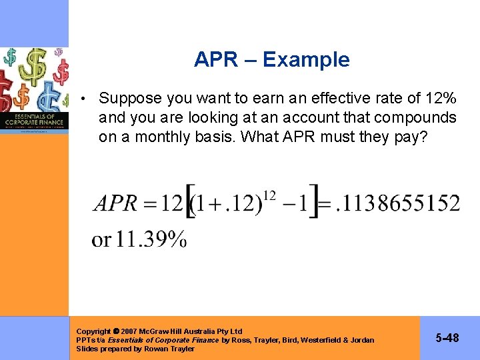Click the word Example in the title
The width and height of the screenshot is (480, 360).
(x=306, y=60)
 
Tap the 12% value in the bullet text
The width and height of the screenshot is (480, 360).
(x=441, y=99)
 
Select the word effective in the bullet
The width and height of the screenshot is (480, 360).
(x=331, y=99)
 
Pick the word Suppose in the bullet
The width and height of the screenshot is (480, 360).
(x=130, y=99)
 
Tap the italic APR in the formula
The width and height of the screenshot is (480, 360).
(x=116, y=203)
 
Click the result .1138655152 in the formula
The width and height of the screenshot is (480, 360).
(x=397, y=203)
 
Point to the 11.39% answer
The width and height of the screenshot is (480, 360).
(x=151, y=239)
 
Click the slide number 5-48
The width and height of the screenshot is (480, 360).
(x=447, y=339)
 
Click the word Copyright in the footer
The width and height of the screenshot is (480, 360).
(x=93, y=331)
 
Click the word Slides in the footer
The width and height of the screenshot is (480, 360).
(x=87, y=349)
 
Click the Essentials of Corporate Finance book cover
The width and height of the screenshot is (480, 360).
(x=35, y=90)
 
